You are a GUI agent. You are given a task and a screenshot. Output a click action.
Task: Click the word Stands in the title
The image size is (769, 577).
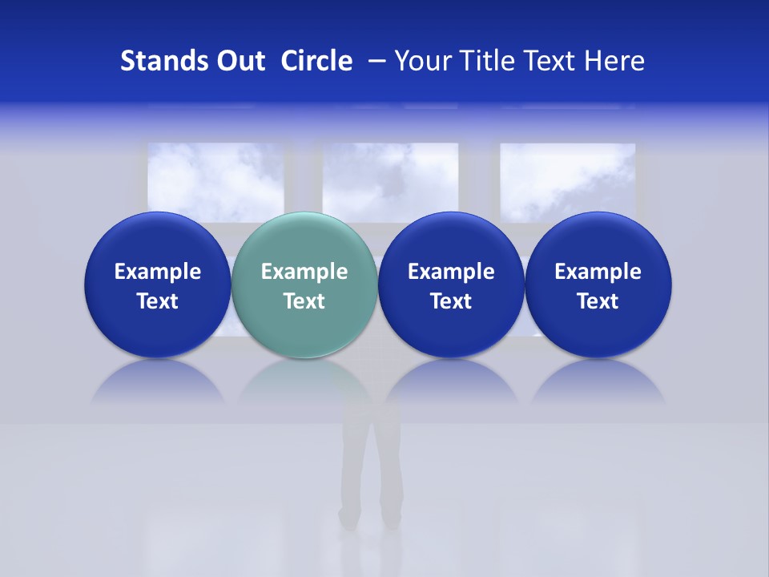pyautogui.click(x=159, y=61)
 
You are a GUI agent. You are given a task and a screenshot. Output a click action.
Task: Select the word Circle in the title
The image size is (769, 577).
pyautogui.click(x=316, y=61)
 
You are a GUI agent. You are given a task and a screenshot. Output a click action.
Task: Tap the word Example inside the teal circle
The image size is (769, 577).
pyautogui.click(x=304, y=272)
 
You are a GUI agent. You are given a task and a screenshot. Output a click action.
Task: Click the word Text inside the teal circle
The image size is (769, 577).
pyautogui.click(x=304, y=301)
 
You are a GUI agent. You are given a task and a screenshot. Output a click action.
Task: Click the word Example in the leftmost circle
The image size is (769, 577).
pyautogui.click(x=158, y=272)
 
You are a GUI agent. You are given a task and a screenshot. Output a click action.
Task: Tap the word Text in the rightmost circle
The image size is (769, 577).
pyautogui.click(x=598, y=301)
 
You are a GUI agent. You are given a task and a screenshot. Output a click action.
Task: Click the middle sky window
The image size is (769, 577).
pyautogui.click(x=390, y=176)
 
